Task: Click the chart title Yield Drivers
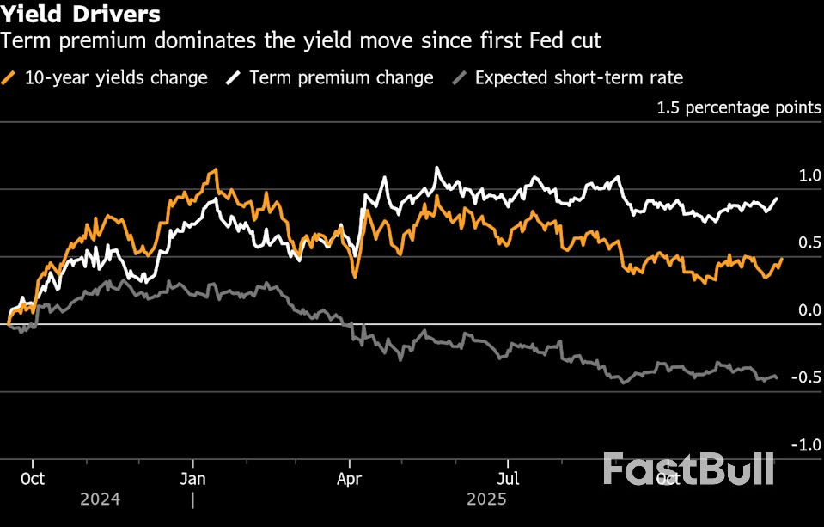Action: [80, 15]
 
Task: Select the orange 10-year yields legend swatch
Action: [11, 78]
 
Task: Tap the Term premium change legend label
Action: [341, 77]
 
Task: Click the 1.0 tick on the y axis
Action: [810, 175]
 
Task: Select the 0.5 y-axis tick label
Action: [810, 243]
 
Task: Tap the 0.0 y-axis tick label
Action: [810, 310]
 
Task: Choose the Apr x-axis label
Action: [350, 479]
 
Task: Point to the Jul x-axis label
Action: [510, 479]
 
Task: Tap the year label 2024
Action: [100, 499]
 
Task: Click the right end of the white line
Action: [778, 199]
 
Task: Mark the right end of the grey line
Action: [778, 377]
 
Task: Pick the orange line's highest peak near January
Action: [212, 171]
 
